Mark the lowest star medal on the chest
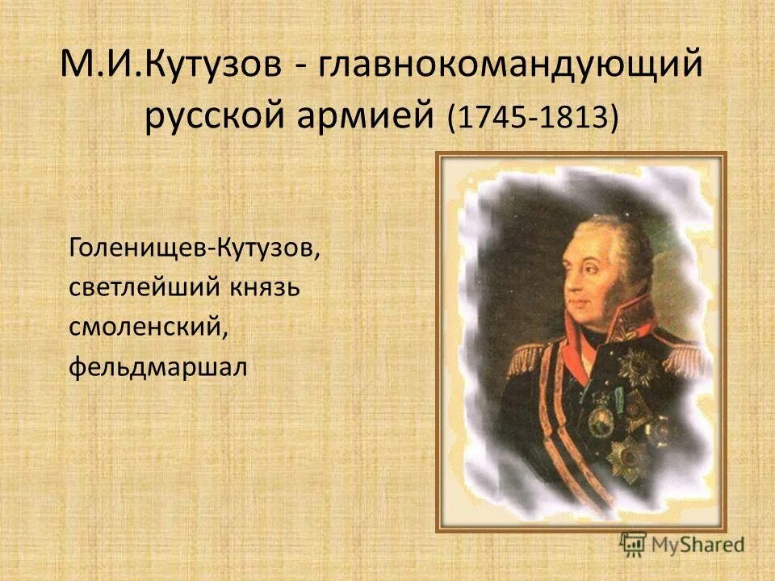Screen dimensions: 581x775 click(x=626, y=460)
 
